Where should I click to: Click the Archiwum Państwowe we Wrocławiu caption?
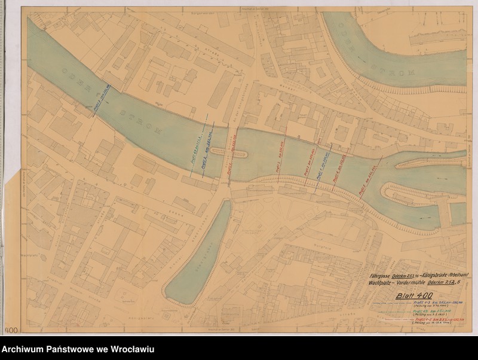(x=78, y=349)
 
